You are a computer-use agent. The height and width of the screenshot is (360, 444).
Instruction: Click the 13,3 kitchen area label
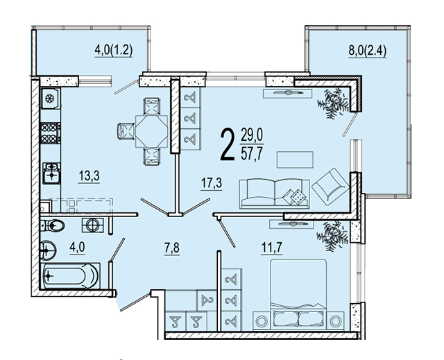pyautogui.click(x=89, y=176)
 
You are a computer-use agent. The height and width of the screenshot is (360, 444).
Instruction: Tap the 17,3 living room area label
pyautogui.click(x=211, y=183)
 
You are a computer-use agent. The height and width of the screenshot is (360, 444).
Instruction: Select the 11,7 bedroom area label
pyautogui.click(x=271, y=248)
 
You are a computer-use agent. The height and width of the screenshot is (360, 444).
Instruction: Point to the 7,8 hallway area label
pyautogui.click(x=171, y=248)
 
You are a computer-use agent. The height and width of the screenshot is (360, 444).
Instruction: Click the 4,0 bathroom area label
pyautogui.click(x=77, y=247)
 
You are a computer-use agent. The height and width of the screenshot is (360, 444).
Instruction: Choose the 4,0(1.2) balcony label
pyautogui.click(x=114, y=51)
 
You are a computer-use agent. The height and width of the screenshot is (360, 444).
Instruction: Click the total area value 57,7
pyautogui.click(x=252, y=154)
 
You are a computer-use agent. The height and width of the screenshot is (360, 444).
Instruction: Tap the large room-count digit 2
pyautogui.click(x=228, y=144)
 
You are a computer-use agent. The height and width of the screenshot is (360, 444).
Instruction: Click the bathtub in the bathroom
pyautogui.click(x=70, y=275)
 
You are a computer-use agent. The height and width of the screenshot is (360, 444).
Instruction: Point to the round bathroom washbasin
pyautogui.click(x=48, y=250)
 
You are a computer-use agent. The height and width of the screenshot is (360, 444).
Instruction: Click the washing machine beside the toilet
pyautogui.click(x=92, y=225)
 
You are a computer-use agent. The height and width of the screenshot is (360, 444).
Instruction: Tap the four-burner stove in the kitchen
pyautogui.click(x=51, y=133)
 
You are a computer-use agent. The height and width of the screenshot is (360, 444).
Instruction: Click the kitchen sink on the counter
pyautogui.click(x=51, y=173)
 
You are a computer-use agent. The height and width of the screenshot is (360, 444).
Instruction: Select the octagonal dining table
pyautogui.click(x=151, y=131)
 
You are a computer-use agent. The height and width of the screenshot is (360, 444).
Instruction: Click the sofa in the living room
pyautogui.click(x=275, y=194)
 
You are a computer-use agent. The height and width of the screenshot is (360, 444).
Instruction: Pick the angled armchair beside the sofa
pyautogui.click(x=330, y=187)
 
